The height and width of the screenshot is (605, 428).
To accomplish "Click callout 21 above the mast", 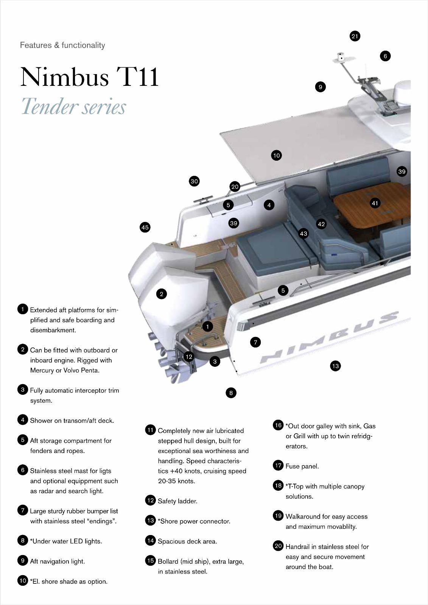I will point(355,36).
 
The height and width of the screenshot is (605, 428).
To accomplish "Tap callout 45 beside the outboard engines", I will point(145,227).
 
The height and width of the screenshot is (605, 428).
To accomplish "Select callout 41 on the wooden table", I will point(375,203).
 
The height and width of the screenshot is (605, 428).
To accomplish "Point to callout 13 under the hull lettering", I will point(335,366).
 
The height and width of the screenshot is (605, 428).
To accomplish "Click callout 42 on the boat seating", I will point(321,224).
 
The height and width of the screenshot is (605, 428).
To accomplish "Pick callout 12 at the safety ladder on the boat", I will point(188,357).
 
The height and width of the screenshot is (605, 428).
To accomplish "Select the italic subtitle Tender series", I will point(73,106).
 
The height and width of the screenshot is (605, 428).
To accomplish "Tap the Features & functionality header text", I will point(62,45).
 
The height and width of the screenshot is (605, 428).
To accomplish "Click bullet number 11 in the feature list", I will point(151,430).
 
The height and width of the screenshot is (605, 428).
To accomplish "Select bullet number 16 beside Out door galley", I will point(278,425).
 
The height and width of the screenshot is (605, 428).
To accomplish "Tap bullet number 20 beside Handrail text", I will point(278,546).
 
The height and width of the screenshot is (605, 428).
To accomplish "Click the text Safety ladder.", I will point(177,501).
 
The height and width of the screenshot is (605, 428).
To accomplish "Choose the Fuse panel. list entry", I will point(302,466).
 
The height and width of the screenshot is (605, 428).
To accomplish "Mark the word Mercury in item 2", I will point(42,370).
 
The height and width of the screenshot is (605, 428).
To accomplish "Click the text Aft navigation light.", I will point(58,562).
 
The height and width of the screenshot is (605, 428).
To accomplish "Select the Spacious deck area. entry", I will point(187,541).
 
